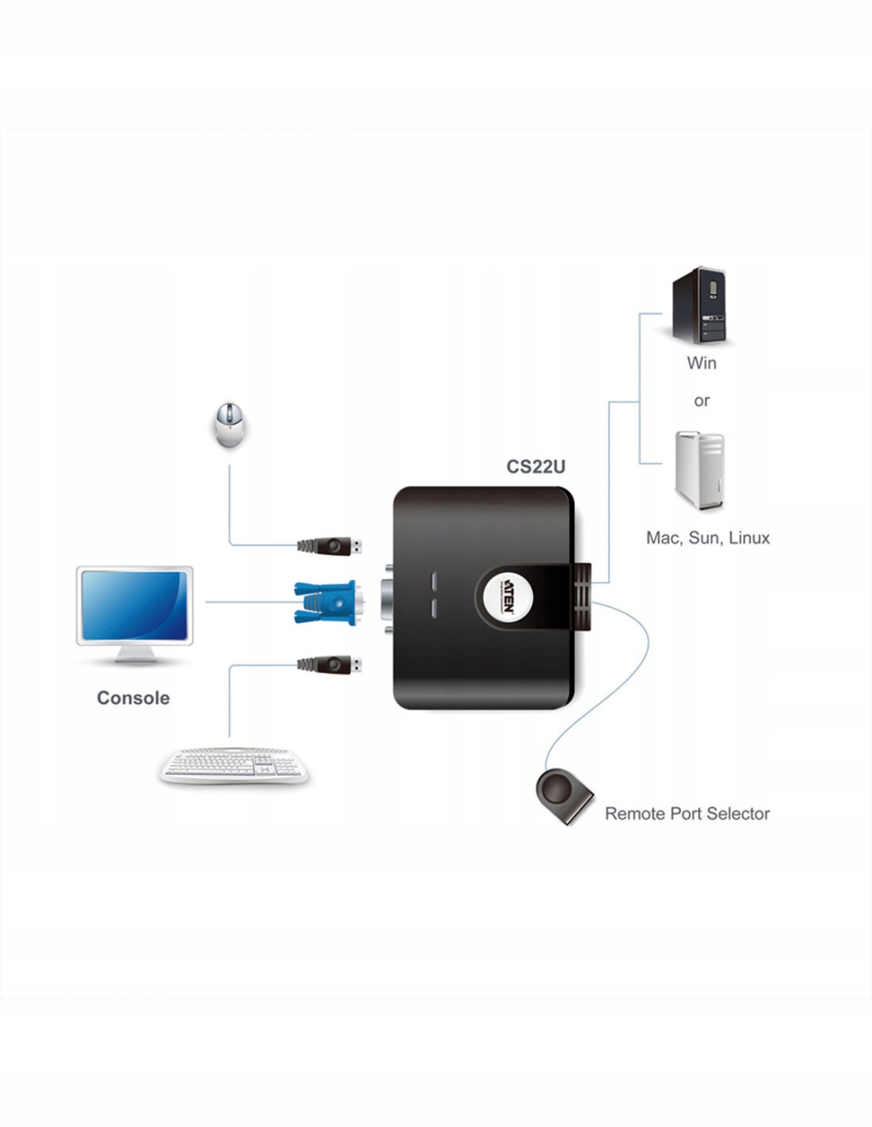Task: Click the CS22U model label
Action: [x=536, y=467]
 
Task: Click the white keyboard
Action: [x=234, y=766]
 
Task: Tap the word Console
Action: [x=133, y=698]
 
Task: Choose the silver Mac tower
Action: [x=699, y=471]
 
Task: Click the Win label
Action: [x=702, y=363]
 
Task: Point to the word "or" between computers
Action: [x=702, y=401]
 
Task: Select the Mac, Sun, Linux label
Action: [x=708, y=538]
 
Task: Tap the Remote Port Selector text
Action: [x=687, y=814]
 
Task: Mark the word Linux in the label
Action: [x=749, y=538]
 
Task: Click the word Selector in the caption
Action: [x=736, y=814]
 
